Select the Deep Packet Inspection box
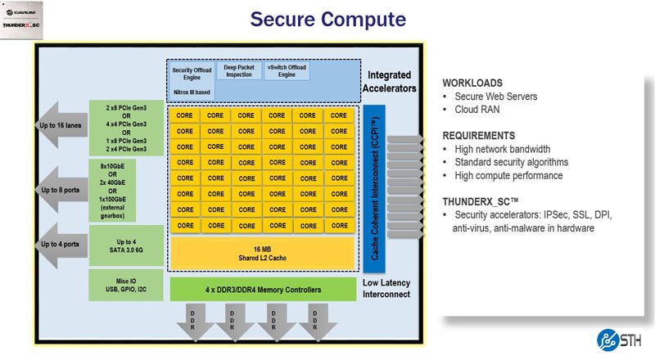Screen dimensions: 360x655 pos(239,73)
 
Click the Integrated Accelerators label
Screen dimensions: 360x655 pos(386,81)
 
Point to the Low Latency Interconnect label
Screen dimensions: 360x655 pos(386,287)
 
